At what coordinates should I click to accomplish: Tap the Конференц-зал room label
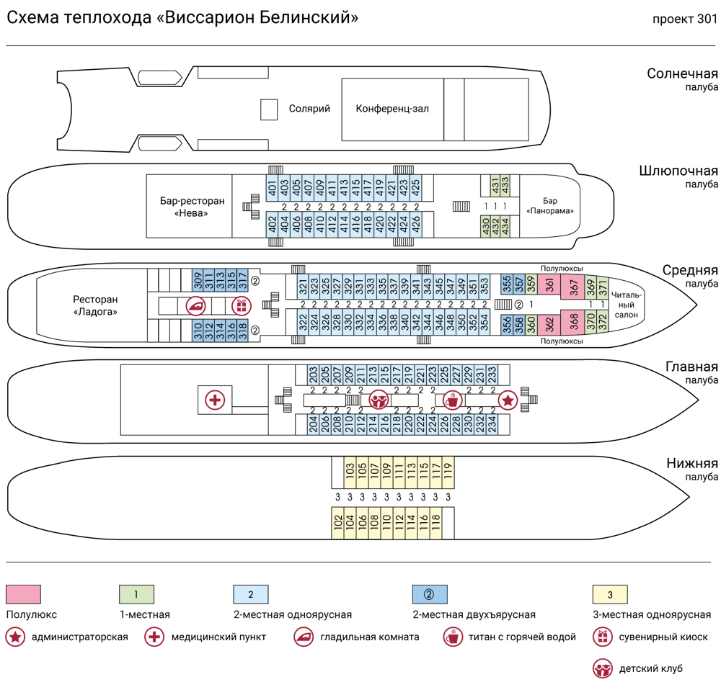click(x=392, y=109)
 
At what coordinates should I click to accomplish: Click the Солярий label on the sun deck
click(x=309, y=109)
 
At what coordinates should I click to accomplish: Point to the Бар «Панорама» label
click(x=550, y=206)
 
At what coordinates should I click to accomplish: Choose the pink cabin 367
click(x=574, y=287)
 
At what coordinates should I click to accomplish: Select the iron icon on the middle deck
click(x=195, y=305)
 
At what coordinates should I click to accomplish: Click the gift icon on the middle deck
click(x=239, y=305)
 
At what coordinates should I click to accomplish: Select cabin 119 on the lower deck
click(x=447, y=472)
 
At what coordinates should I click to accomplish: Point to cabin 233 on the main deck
click(x=492, y=374)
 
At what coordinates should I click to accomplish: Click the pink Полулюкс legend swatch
click(x=23, y=595)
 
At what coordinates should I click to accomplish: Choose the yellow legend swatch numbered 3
click(x=610, y=595)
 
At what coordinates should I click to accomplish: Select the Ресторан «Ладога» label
click(x=94, y=305)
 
